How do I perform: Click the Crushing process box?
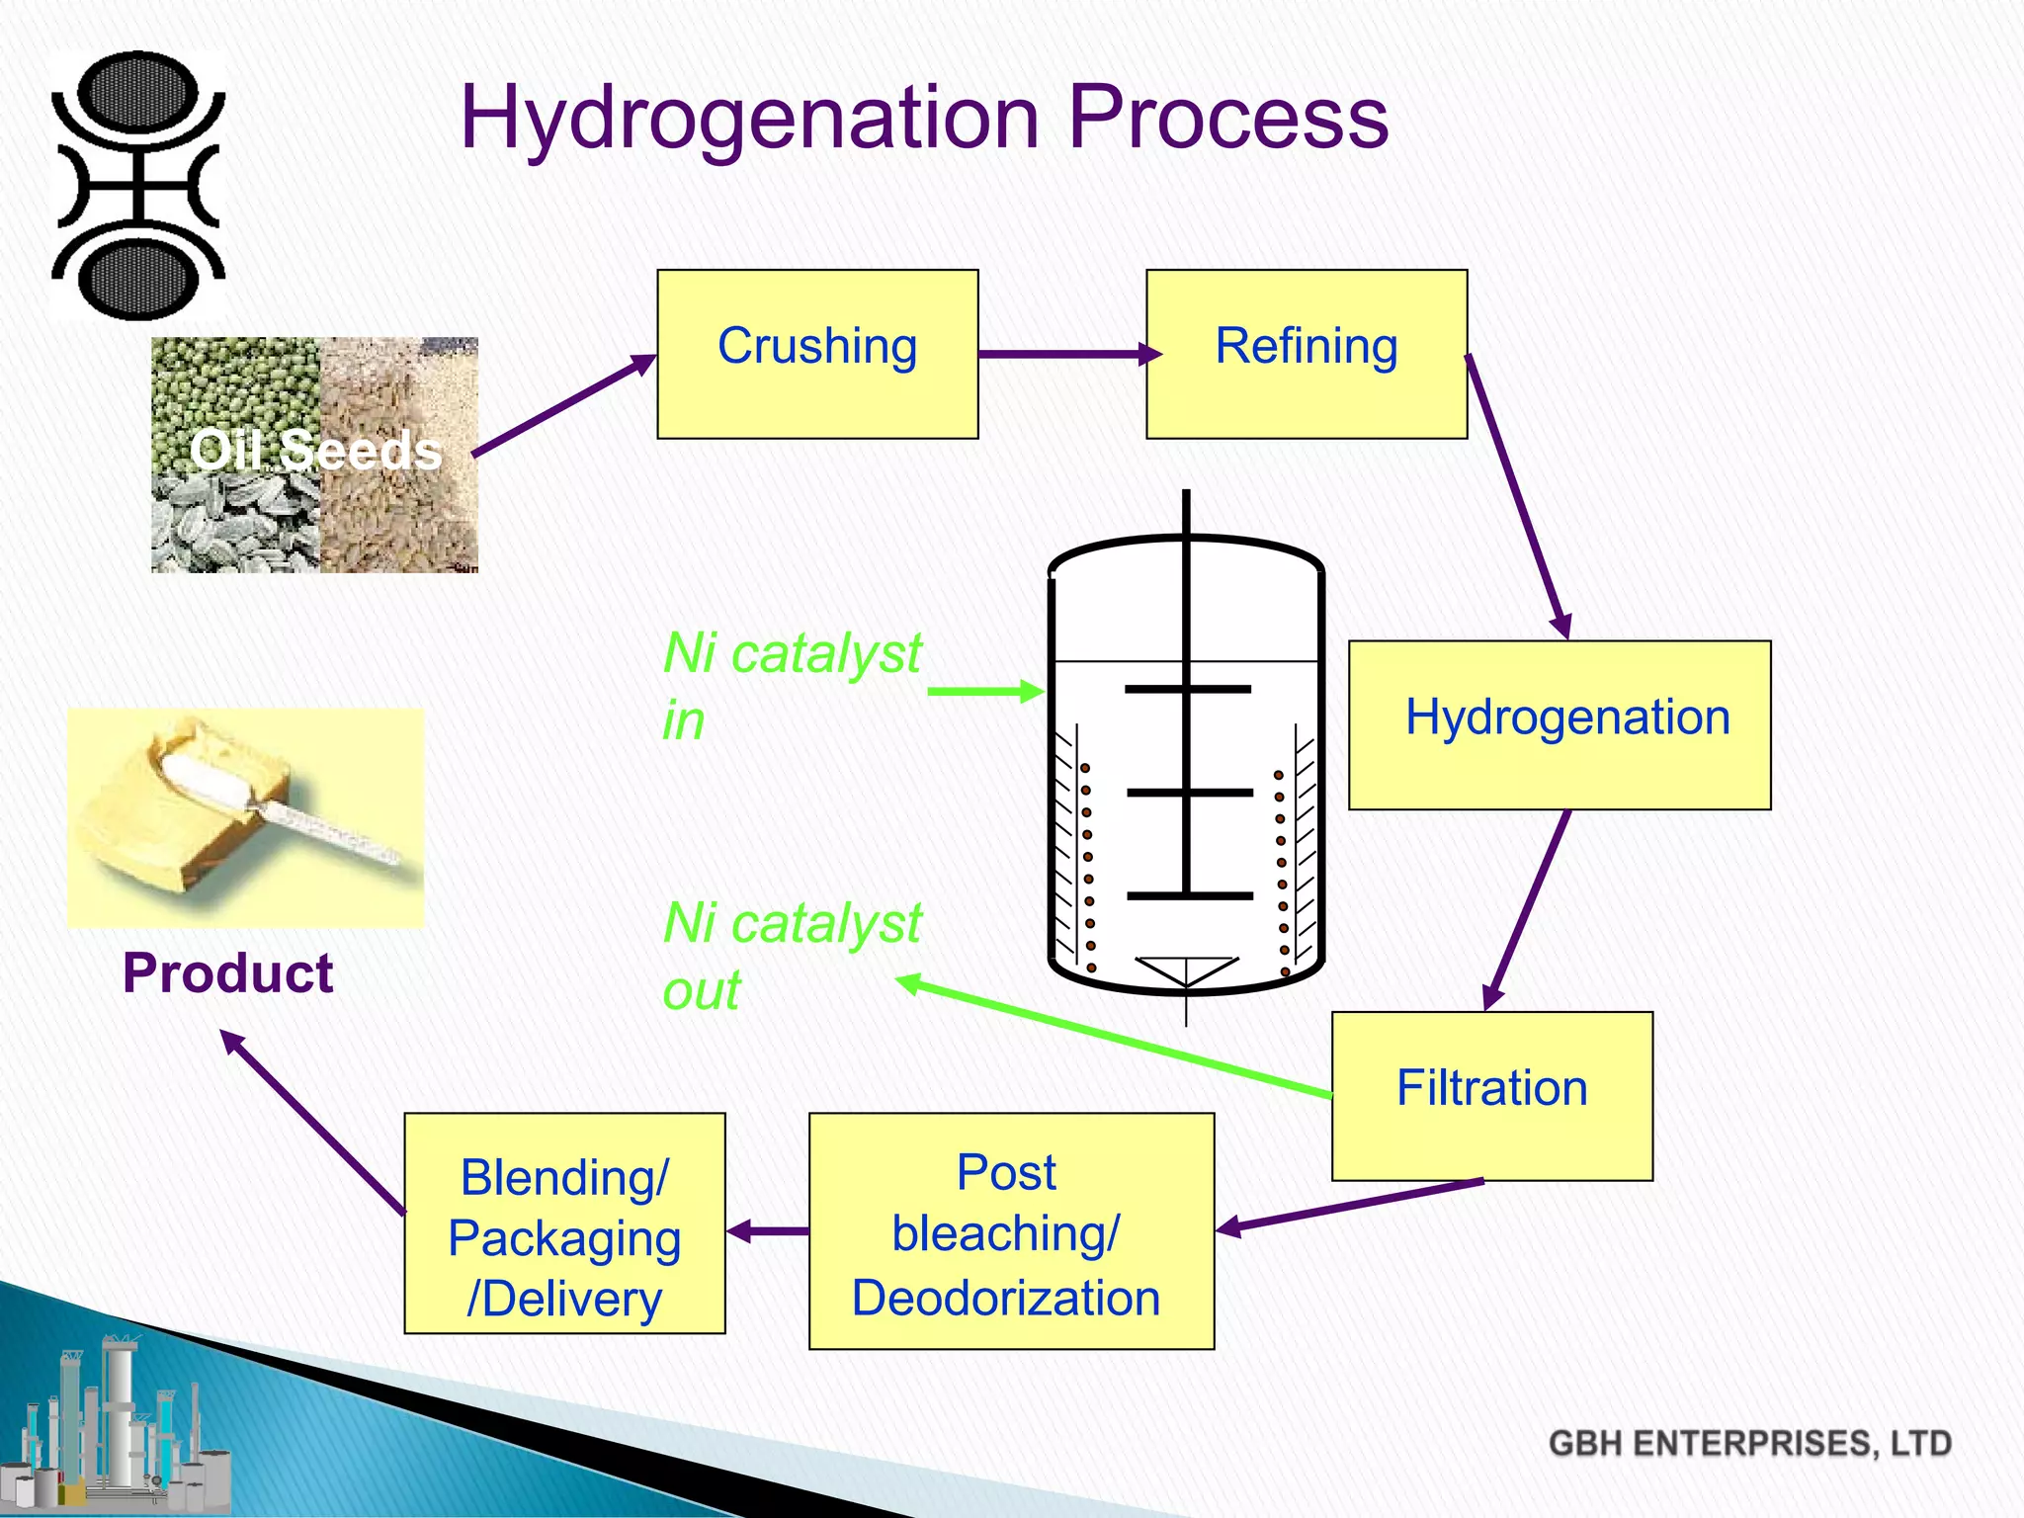tap(817, 354)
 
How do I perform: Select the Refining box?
tap(1307, 354)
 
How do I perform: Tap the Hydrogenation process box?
tap(1560, 724)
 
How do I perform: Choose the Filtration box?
tap(1492, 1095)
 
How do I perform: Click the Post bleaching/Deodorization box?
tap(1011, 1230)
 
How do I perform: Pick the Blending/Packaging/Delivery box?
tap(564, 1223)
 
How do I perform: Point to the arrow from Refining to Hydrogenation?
tap(1517, 494)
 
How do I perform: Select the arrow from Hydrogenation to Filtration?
tap(1527, 909)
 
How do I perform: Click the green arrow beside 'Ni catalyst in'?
tap(984, 692)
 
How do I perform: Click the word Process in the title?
tap(1228, 118)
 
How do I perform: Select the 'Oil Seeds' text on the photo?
tap(316, 451)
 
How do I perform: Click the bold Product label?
tap(227, 973)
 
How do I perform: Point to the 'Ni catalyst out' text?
tap(791, 956)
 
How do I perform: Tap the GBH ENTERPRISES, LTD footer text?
tap(1749, 1443)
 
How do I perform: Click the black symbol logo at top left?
tap(138, 185)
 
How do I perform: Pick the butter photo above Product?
tap(245, 817)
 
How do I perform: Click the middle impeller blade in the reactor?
tap(1189, 793)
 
